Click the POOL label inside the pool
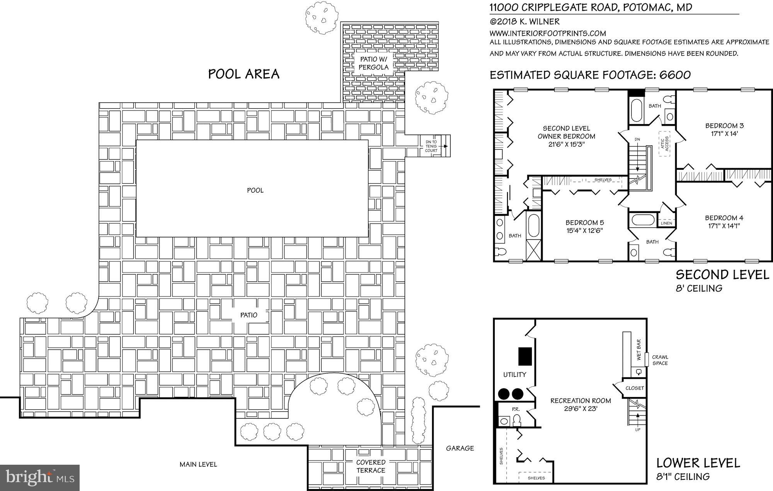pos(255,190)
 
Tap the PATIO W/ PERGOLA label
pos(373,63)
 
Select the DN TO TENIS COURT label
pos(431,146)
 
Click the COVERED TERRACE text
pos(371,466)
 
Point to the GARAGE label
pos(460,448)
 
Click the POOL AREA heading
pos(243,74)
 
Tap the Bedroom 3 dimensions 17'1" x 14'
pos(724,134)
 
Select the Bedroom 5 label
pos(584,222)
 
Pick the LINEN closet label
pos(666,223)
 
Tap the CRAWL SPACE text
pos(660,360)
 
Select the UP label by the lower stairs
pos(637,430)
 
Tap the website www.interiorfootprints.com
pos(548,33)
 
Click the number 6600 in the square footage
pos(675,75)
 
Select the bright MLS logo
pos(40,478)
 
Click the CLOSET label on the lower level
pos(635,388)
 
